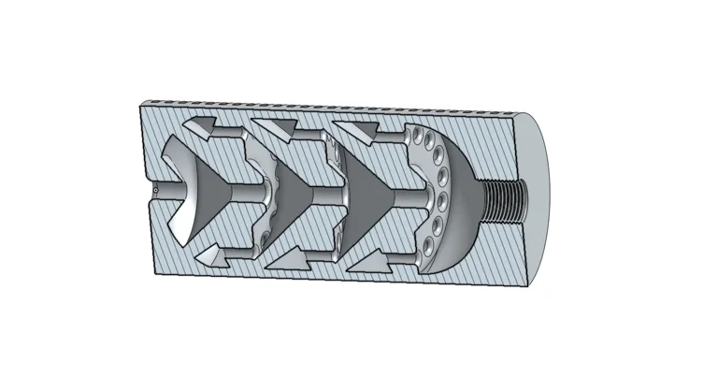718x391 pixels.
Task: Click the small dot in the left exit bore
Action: click(x=155, y=192)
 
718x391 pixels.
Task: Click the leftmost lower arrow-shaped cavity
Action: click(x=209, y=252)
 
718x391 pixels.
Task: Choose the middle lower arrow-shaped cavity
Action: click(x=284, y=254)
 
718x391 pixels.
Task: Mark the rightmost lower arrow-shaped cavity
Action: click(x=366, y=254)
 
